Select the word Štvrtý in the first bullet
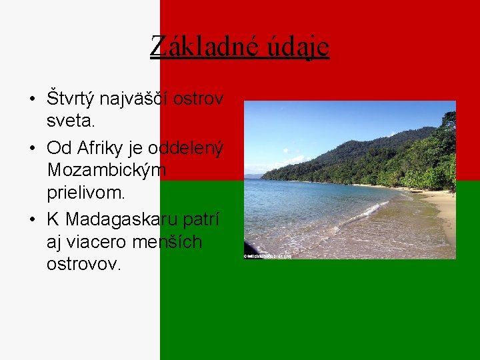click(x=71, y=99)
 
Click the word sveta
click(x=71, y=121)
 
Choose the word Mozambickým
click(x=107, y=171)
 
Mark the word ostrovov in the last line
click(x=83, y=264)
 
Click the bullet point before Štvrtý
click(x=31, y=100)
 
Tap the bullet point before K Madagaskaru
click(x=31, y=220)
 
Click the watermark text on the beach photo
click(x=267, y=255)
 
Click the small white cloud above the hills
click(x=294, y=159)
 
